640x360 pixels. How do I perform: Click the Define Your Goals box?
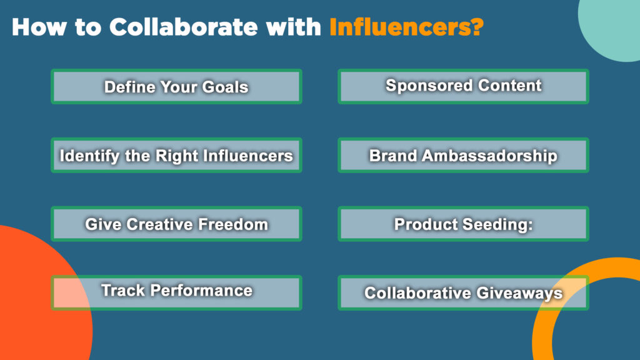click(x=176, y=86)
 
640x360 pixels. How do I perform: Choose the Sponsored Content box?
click(x=463, y=86)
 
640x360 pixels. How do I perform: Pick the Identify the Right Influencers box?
click(x=176, y=155)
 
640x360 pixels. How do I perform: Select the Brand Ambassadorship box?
click(x=463, y=155)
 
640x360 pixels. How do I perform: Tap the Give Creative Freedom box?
click(x=176, y=224)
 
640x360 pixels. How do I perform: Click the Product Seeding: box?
click(x=463, y=224)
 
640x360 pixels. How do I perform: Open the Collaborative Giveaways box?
click(x=463, y=292)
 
